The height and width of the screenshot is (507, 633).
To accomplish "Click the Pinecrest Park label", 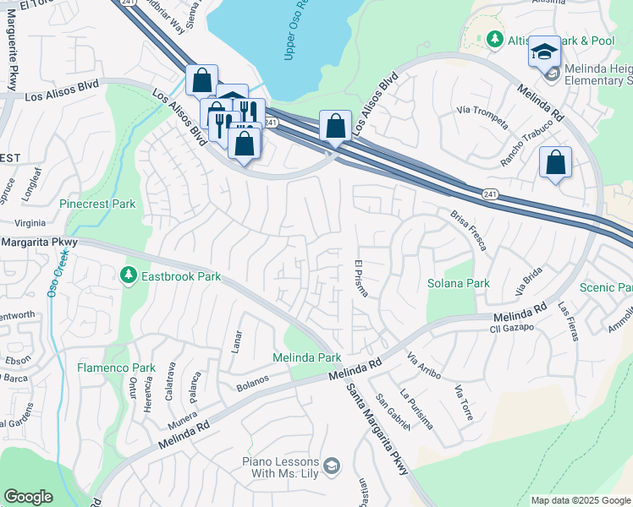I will [97, 204].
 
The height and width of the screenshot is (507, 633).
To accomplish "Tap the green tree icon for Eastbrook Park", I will [128, 275].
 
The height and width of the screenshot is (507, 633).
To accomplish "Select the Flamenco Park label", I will [116, 368].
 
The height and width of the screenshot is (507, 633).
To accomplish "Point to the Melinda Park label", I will [306, 357].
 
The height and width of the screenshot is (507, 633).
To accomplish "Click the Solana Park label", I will [458, 283].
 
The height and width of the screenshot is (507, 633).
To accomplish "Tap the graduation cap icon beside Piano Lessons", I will [332, 466].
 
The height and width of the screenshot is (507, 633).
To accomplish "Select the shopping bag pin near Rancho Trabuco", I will [555, 162].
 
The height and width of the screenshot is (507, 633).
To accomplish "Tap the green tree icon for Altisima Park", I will [494, 40].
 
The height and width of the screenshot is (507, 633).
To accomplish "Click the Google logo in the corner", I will [28, 497].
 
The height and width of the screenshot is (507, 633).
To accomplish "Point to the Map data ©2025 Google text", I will [581, 500].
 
